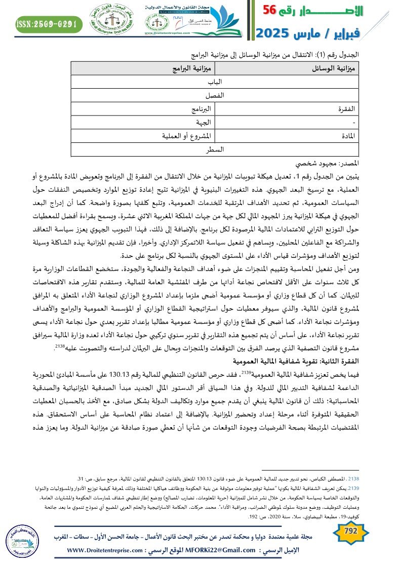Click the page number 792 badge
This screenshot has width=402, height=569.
[351, 531]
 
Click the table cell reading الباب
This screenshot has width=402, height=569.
[215, 82]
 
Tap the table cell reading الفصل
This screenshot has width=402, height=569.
[215, 95]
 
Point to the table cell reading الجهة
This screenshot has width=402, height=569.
[189, 123]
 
